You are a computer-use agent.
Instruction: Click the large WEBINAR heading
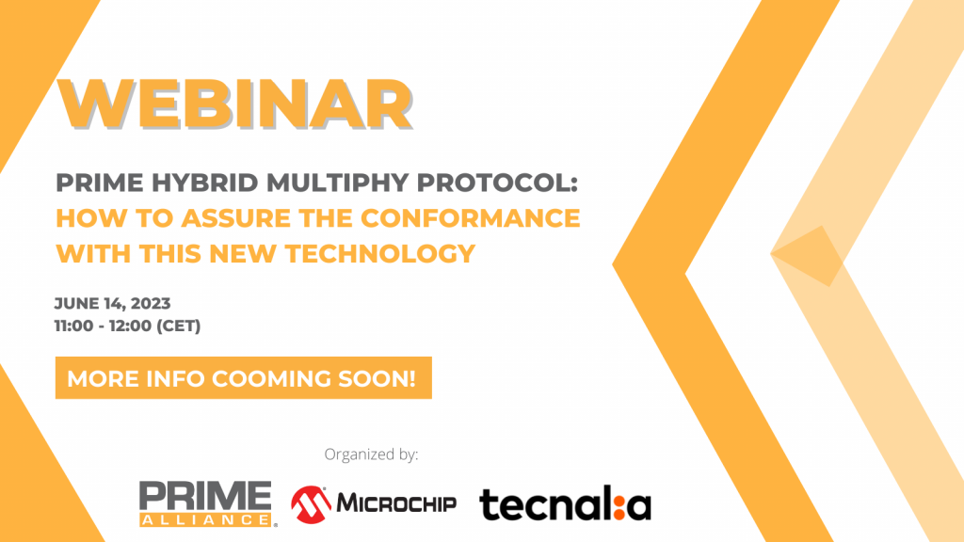pyautogui.click(x=234, y=104)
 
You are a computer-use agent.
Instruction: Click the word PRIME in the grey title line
pyautogui.click(x=100, y=183)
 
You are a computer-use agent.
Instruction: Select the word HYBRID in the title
pyautogui.click(x=204, y=183)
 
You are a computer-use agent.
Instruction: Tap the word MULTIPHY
pyautogui.click(x=338, y=183)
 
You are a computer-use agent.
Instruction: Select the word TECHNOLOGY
pyautogui.click(x=380, y=254)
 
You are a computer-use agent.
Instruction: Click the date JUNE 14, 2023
pyautogui.click(x=113, y=304)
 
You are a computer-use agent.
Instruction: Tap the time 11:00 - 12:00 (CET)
pyautogui.click(x=127, y=326)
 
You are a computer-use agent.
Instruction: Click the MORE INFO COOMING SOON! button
pyautogui.click(x=244, y=378)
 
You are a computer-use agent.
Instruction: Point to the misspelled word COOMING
pyautogui.click(x=272, y=378)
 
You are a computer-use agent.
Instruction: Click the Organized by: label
pyautogui.click(x=371, y=454)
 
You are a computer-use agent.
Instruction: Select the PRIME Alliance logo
pyautogui.click(x=208, y=504)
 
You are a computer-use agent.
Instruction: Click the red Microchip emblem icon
pyautogui.click(x=311, y=504)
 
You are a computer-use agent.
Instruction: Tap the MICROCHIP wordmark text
pyautogui.click(x=396, y=504)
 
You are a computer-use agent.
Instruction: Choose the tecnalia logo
pyautogui.click(x=565, y=505)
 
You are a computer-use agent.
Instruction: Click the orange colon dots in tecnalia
pyautogui.click(x=619, y=506)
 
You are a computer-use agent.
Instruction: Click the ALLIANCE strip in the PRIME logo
pyautogui.click(x=205, y=519)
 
